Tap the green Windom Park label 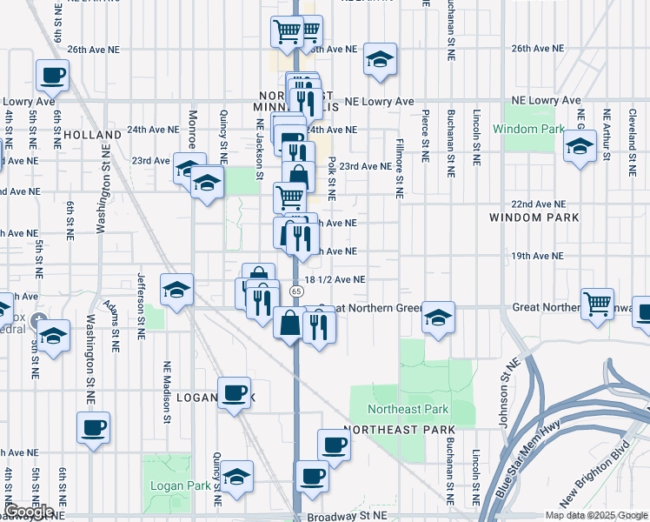pos(528,129)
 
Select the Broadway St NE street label pos(347,516)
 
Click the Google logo pos(29,512)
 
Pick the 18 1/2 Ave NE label pos(335,279)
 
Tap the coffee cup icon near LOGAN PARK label pos(234,393)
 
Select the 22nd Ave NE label pos(538,204)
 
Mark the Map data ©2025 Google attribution pos(595,515)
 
